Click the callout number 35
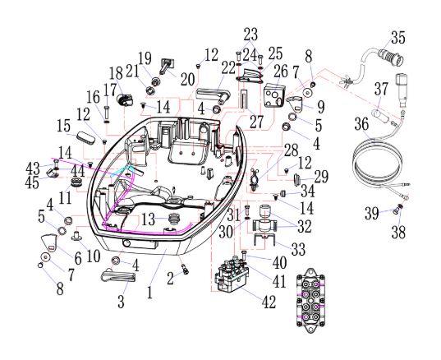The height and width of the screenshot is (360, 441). click(398, 38)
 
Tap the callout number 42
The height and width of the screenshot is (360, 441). click(269, 302)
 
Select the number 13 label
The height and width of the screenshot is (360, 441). click(148, 219)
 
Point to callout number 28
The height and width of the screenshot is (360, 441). click(291, 150)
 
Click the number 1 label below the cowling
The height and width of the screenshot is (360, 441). click(149, 292)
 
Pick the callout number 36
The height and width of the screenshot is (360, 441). click(361, 124)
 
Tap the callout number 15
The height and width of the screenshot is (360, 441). click(63, 125)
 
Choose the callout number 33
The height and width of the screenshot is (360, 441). click(298, 249)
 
